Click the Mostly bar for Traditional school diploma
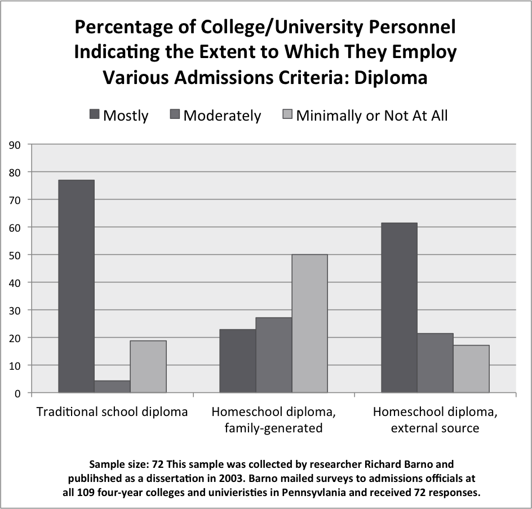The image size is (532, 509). tap(76, 286)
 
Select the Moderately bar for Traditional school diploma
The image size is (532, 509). tap(112, 387)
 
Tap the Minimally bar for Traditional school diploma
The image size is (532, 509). tap(148, 366)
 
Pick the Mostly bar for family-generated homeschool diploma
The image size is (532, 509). tap(238, 361)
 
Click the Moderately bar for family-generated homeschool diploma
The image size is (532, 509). tap(274, 355)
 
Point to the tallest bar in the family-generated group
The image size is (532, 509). tap(309, 324)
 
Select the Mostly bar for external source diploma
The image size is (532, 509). tap(399, 308)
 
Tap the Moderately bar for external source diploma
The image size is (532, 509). tap(435, 363)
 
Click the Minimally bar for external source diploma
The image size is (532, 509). tap(471, 369)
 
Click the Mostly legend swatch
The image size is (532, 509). tap(94, 116)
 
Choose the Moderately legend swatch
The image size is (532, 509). tap(174, 116)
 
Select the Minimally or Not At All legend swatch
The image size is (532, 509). tap(287, 116)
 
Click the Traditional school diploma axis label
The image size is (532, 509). tap(112, 411)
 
